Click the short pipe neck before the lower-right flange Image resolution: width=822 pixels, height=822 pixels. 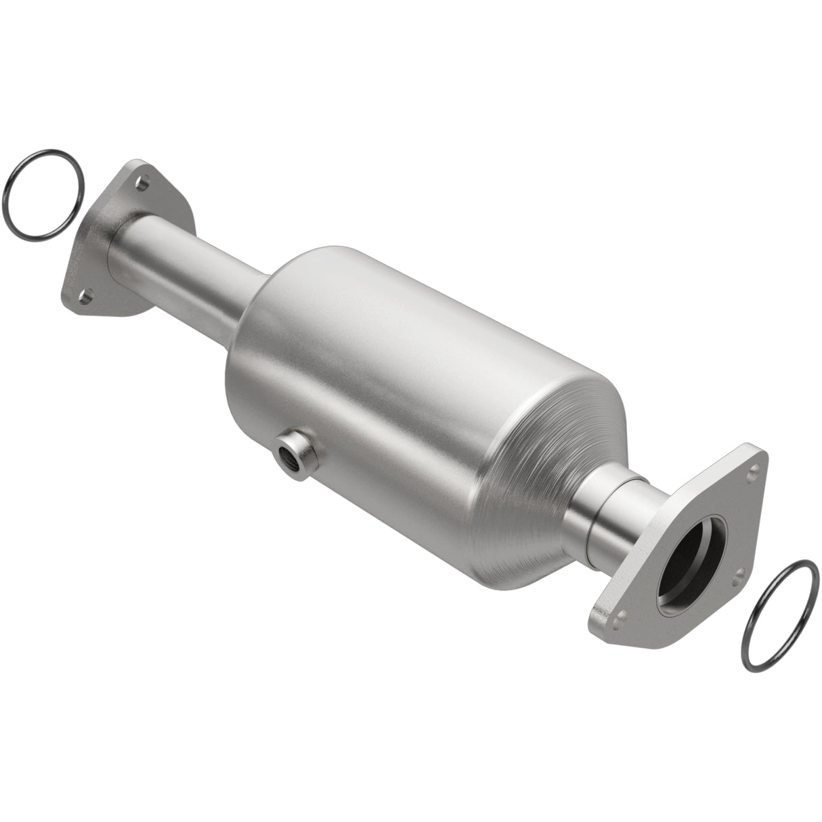click(609, 515)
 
